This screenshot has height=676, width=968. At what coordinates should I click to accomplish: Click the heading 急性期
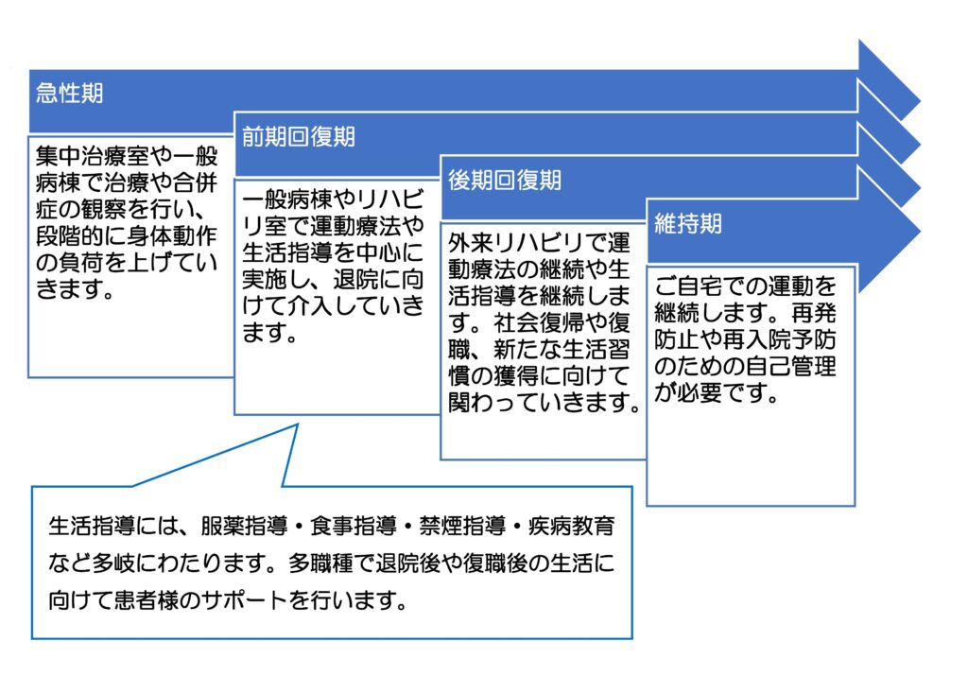pos(69,93)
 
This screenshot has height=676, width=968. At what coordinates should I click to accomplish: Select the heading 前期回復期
pos(298,136)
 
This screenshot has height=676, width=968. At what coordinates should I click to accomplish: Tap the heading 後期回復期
pos(505,181)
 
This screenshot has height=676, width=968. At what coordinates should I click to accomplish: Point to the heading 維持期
pos(688,223)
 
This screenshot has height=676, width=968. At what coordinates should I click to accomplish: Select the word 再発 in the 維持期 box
pos(814,313)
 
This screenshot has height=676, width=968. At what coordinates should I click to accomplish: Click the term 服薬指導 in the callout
pos(245,526)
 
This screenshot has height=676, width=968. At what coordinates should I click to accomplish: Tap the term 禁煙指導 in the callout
pos(463,526)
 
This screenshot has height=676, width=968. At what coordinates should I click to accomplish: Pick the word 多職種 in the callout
pos(320,563)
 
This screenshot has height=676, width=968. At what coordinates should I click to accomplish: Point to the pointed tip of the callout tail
pos(298,425)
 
